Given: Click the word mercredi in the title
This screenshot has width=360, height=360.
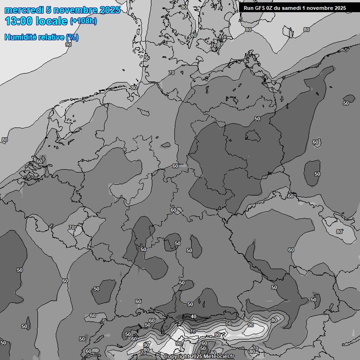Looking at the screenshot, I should (24, 10).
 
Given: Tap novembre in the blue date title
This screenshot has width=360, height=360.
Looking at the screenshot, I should (75, 10).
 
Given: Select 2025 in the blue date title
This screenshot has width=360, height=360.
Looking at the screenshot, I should (110, 10).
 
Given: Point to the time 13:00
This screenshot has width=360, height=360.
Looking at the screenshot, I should (18, 21).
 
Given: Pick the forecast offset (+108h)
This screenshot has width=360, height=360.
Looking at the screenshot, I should (83, 21).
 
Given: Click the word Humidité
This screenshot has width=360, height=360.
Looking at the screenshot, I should (20, 37).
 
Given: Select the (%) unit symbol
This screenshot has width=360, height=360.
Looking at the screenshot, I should (72, 37).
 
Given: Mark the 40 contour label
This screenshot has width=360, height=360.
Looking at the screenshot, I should (194, 317).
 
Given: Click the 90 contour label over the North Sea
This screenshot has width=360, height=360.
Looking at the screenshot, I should (68, 45).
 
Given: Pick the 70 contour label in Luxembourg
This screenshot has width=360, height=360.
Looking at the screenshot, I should (71, 227).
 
